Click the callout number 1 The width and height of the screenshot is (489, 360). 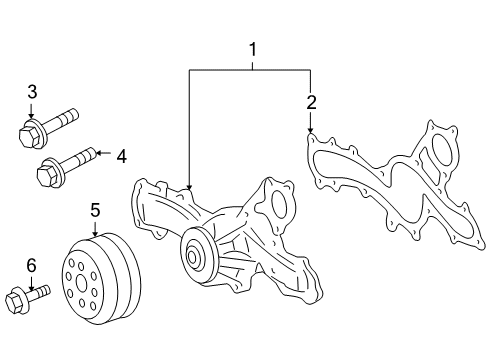[253, 49]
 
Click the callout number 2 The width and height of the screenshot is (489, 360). [311, 102]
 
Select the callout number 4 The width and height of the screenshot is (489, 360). [121, 155]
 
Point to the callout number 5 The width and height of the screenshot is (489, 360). [95, 210]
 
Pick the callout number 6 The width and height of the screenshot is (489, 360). [31, 264]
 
